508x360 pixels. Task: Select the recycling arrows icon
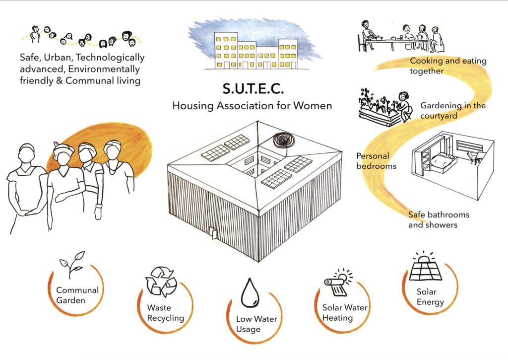(x=161, y=282)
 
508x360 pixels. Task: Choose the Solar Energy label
(x=430, y=297)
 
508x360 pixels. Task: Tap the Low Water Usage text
(x=256, y=324)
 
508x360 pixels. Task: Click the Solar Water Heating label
(x=344, y=312)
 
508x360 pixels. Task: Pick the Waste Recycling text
(x=165, y=313)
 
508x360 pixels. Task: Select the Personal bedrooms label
(x=377, y=161)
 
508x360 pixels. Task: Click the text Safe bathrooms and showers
(x=439, y=219)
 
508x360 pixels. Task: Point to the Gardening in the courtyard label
(x=452, y=110)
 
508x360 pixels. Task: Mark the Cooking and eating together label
(x=447, y=66)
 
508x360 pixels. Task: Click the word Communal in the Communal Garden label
(x=77, y=290)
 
